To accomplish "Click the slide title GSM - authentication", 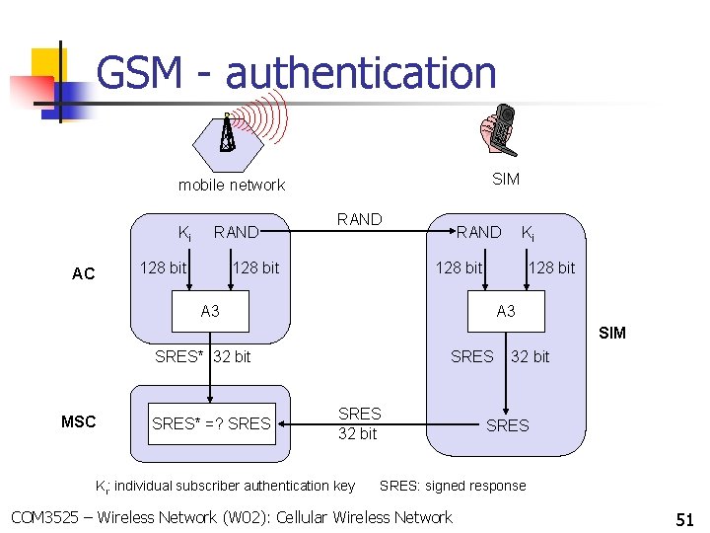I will coord(296,73).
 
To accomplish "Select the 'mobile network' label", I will coord(231,185).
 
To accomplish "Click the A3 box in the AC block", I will coord(210,311).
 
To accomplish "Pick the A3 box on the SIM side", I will coord(506,311).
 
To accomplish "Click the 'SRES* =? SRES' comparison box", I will coord(210,423).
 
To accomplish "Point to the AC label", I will coord(84,273).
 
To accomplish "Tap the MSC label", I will coord(79,421).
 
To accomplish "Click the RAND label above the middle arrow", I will coord(359,219).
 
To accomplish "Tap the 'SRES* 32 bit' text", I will coord(203,356).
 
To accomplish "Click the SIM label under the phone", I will coord(506,179).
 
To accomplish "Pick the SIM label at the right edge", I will coord(611,333).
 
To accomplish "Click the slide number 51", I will coord(684,518).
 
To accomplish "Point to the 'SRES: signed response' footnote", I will coord(453,486).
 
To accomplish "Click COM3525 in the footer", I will coord(45,517).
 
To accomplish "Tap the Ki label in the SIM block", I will coord(529,233).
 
